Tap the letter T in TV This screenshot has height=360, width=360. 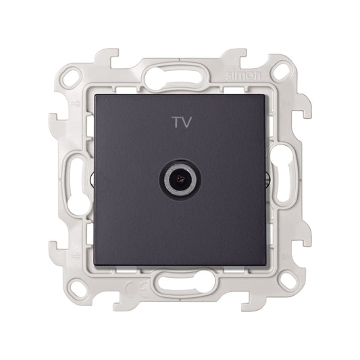[174, 123]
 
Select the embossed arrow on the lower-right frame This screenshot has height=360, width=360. [284, 255]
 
